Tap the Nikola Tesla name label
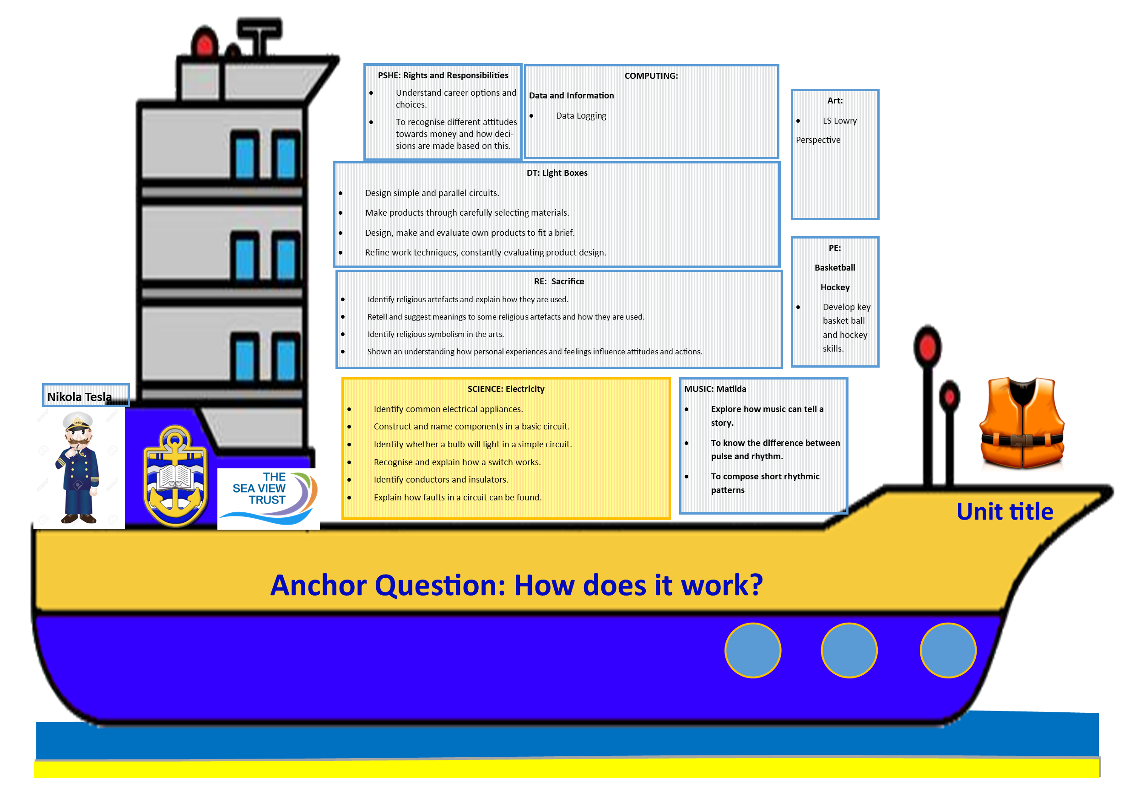click(79, 396)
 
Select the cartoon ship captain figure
click(78, 467)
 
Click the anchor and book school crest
click(175, 476)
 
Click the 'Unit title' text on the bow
click(1005, 511)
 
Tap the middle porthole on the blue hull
click(849, 650)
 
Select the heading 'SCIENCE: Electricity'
click(506, 389)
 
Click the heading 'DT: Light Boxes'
click(557, 173)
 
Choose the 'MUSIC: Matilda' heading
click(715, 389)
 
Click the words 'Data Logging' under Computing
click(581, 116)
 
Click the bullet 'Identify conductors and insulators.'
click(441, 480)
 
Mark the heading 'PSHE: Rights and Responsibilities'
click(443, 75)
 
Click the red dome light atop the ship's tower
click(205, 42)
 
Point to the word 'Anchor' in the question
click(319, 585)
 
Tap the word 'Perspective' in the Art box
click(818, 140)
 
